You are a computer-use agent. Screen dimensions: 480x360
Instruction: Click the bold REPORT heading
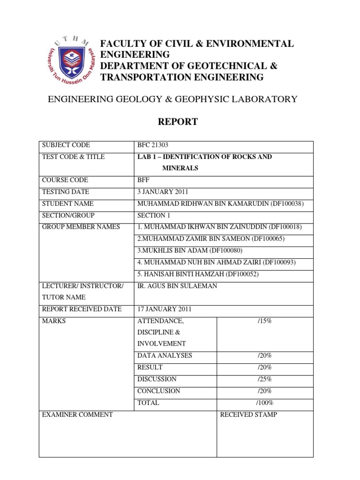tap(178, 122)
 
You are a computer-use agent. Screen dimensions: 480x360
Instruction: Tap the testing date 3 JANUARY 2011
tap(162, 192)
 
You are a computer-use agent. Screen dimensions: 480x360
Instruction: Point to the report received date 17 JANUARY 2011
tap(164, 309)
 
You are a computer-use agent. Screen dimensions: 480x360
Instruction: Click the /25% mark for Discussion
tap(264, 379)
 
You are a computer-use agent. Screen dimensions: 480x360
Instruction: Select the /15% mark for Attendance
tap(264, 321)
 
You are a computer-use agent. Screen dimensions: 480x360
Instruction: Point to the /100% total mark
tap(264, 402)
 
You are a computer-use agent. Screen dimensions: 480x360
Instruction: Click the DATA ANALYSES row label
tap(165, 355)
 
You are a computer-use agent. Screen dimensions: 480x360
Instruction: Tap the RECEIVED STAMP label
tap(248, 414)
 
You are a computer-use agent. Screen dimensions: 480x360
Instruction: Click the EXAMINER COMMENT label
tap(77, 414)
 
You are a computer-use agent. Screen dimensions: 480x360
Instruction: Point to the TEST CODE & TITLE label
tap(74, 157)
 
